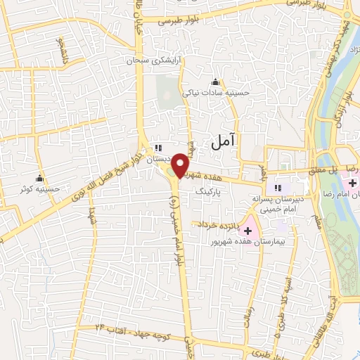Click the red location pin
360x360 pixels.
[x=181, y=165]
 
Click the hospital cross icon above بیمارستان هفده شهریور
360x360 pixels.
[x=248, y=231]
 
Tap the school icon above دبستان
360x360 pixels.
[x=159, y=148]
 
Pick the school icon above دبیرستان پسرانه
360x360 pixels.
[x=279, y=188]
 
